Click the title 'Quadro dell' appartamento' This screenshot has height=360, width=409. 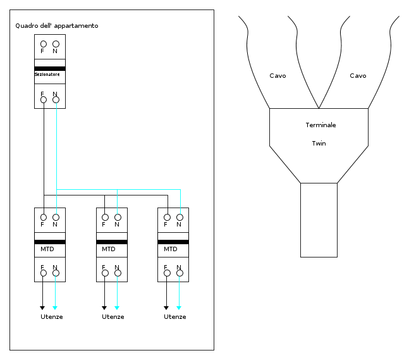pos(57,26)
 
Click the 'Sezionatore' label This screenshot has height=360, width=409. pos(47,75)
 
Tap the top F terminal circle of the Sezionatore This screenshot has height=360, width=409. pos(44,44)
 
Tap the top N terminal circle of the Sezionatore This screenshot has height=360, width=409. pos(56,44)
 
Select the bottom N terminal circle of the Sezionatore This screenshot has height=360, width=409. pos(56,100)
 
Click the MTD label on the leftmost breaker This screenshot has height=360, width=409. pos(47,249)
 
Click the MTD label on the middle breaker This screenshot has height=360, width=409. pos(109,249)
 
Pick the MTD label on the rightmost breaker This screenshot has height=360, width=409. pos(171,249)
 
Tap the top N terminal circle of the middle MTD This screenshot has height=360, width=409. pos(118,217)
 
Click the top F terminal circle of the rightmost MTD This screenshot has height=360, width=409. pos(167,217)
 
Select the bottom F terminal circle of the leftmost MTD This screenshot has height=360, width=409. pos(44,273)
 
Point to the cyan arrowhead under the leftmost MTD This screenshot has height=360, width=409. pos(55,307)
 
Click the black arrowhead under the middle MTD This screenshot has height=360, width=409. pos(104,307)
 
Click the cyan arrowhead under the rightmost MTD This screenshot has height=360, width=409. pos(179,307)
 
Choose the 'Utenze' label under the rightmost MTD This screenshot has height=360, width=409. pos(175,317)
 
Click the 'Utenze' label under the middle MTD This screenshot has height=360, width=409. pos(113,317)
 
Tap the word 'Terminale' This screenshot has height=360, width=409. pos(321,125)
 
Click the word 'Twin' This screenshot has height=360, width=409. pos(319,144)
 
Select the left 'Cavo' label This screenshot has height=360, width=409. pos(278,76)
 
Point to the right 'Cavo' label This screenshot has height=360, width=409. pos(358,76)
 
